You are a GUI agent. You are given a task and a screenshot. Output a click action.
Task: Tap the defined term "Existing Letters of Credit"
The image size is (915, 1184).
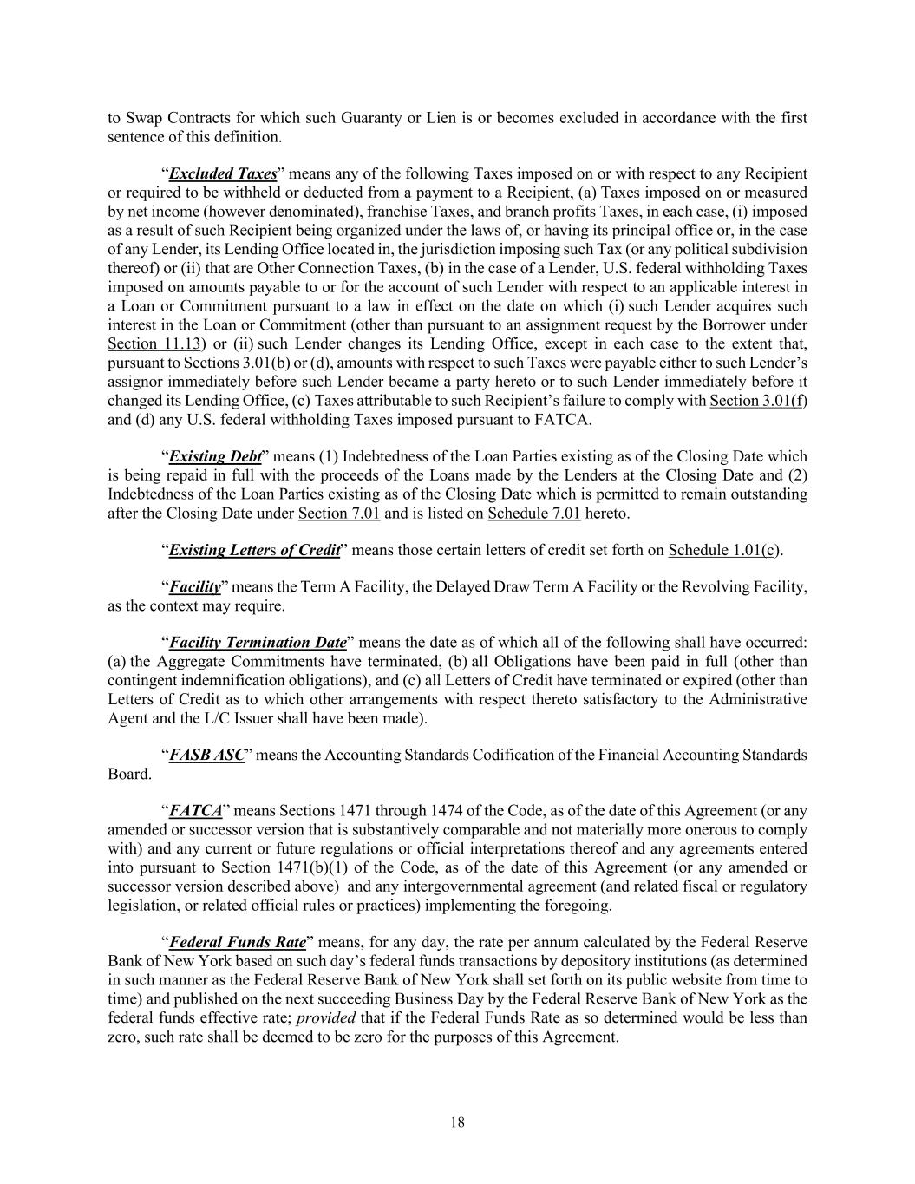255,550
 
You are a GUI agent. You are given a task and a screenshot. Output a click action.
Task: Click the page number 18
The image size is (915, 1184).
458,1122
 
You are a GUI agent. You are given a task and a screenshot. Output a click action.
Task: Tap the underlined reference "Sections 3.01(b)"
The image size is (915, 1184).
236,363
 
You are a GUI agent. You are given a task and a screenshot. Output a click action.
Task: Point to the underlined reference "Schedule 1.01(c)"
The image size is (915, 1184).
724,550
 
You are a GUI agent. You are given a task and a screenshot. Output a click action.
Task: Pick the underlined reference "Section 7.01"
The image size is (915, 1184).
339,514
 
